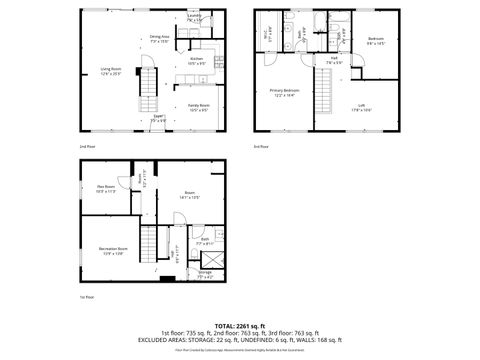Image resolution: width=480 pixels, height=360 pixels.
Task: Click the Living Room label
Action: (x=110, y=70)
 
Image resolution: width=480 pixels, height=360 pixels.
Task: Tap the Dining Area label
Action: (x=159, y=38)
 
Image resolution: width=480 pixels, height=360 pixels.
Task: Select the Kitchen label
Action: (x=197, y=60)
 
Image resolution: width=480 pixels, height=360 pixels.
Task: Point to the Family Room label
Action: (x=198, y=106)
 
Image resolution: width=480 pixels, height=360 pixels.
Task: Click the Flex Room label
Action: (x=106, y=188)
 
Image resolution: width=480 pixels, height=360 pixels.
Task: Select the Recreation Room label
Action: (x=112, y=249)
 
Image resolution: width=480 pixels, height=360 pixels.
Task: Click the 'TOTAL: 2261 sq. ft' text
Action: (x=239, y=326)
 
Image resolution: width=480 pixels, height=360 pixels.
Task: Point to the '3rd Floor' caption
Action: (x=261, y=147)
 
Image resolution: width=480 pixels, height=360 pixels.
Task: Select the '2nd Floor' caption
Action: (x=87, y=147)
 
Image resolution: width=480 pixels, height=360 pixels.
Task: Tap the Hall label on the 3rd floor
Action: (x=334, y=59)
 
